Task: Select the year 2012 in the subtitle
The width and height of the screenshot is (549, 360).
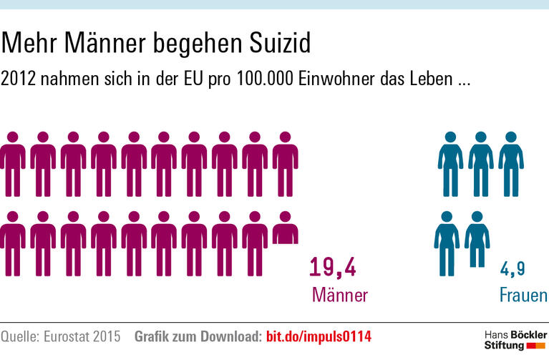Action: pyautogui.click(x=19, y=79)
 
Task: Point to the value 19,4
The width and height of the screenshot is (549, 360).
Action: pyautogui.click(x=333, y=267)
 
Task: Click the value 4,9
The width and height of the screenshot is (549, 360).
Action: pyautogui.click(x=512, y=269)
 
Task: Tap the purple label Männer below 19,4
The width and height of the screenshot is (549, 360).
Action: pyautogui.click(x=339, y=295)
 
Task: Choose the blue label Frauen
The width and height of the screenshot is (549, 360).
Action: pyautogui.click(x=523, y=295)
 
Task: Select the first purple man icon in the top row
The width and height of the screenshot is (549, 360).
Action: pyautogui.click(x=13, y=164)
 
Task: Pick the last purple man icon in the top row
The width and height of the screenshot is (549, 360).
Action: pyautogui.click(x=286, y=164)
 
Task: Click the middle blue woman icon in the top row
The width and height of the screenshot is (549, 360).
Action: pyautogui.click(x=481, y=164)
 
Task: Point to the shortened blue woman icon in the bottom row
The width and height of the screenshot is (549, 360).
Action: pyautogui.click(x=477, y=239)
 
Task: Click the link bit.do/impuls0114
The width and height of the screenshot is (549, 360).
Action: pyautogui.click(x=319, y=336)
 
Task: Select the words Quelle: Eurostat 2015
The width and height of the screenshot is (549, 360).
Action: pyautogui.click(x=60, y=336)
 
